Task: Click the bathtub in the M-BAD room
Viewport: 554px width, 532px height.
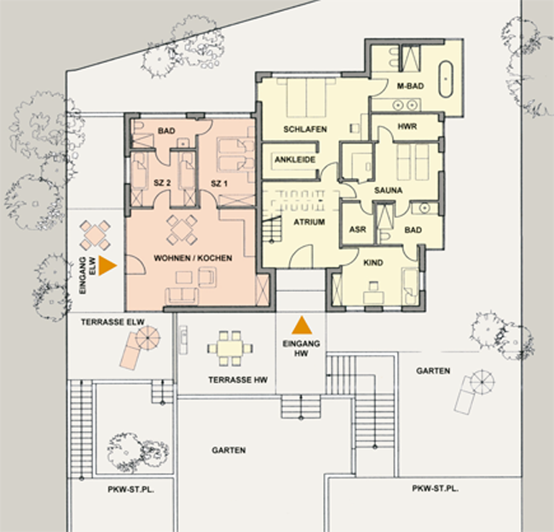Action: (x=446, y=79)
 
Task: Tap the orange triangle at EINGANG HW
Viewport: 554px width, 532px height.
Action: (x=302, y=325)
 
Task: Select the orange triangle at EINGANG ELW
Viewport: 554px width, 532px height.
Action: (x=107, y=266)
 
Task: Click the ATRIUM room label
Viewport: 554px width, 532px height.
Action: (x=309, y=222)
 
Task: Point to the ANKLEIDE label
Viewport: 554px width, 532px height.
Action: (x=295, y=159)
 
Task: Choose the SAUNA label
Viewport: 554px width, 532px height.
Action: (x=389, y=190)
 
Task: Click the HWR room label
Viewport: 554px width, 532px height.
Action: (x=407, y=126)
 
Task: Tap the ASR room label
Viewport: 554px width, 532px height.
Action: (x=358, y=229)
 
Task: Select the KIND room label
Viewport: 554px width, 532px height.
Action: (x=373, y=263)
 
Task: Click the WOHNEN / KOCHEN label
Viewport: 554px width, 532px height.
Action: (x=193, y=258)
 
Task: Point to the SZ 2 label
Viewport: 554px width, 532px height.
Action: (x=162, y=183)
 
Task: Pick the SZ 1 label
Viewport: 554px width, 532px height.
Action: (x=219, y=184)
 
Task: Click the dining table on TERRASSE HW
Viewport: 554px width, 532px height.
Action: (x=229, y=348)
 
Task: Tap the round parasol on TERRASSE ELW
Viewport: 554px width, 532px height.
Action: (x=147, y=338)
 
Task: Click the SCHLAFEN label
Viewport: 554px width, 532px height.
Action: (x=305, y=129)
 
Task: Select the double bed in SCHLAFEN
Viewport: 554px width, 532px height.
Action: (x=306, y=98)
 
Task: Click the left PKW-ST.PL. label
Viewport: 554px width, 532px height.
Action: (x=131, y=490)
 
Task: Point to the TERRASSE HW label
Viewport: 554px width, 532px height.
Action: (x=238, y=380)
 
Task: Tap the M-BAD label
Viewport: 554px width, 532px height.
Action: (x=410, y=86)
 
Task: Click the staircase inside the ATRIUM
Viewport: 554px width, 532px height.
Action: (x=272, y=229)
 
